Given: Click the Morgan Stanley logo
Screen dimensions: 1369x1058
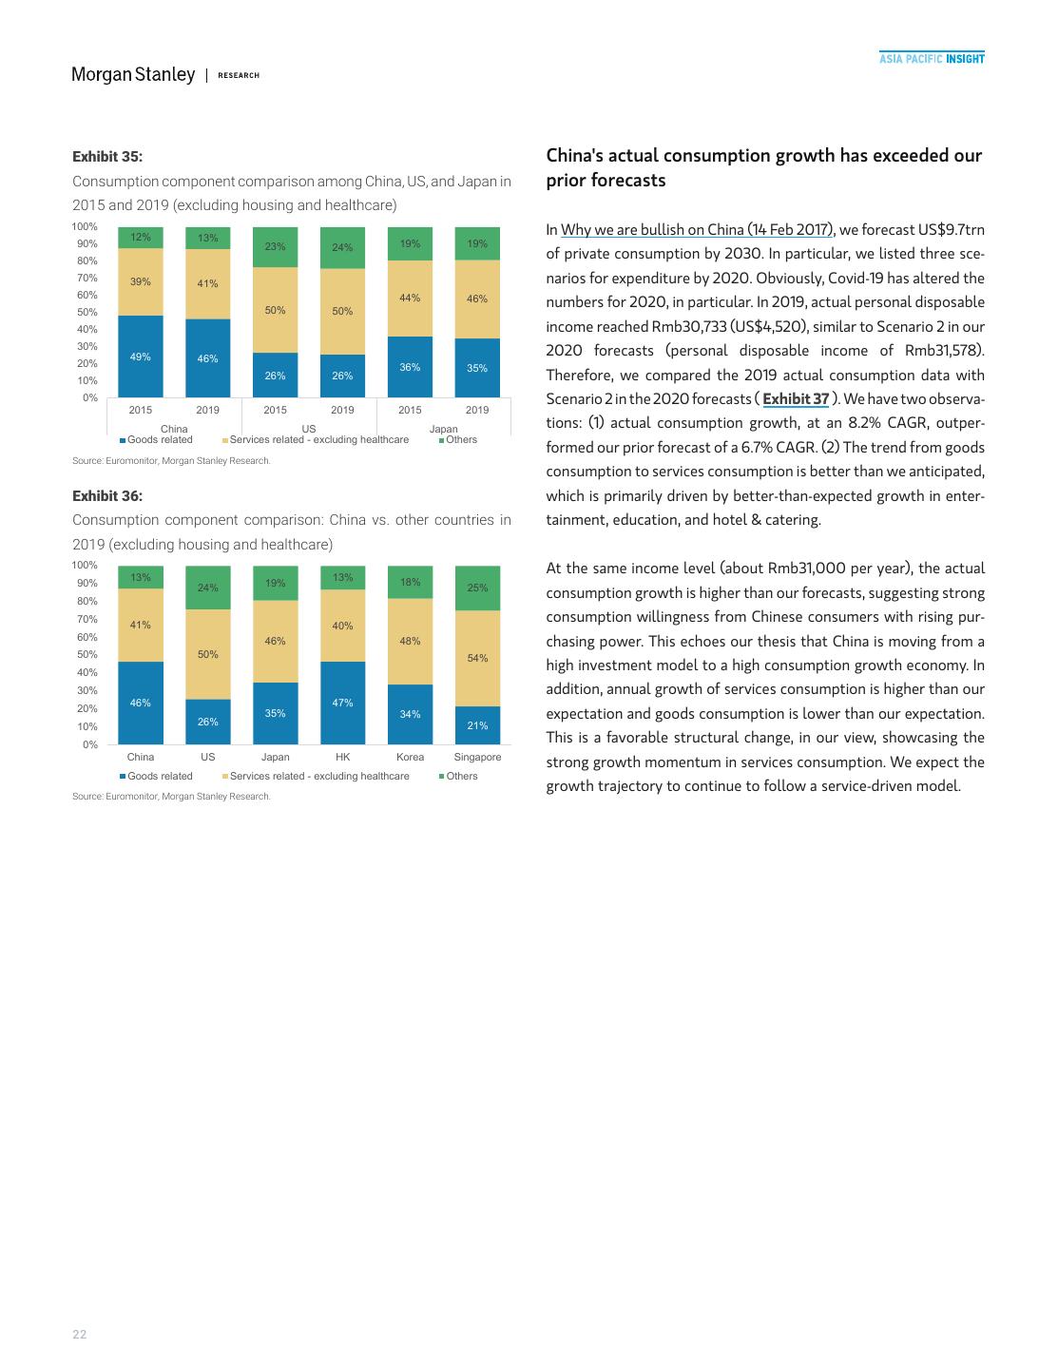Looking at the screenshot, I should pos(133,74).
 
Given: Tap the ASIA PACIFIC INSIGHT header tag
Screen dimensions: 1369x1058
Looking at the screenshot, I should pos(932,59).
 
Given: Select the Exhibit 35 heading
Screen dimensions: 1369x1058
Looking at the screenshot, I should pos(107,157).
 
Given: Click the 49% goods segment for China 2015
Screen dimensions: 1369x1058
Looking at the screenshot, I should pos(141,357).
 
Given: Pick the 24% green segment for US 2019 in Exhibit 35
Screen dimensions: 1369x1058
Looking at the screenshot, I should pos(342,248).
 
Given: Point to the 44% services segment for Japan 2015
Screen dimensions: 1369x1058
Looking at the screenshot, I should pos(410,299).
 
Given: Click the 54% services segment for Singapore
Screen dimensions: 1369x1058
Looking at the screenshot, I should pos(477,658).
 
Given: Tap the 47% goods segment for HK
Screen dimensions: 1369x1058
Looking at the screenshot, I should pos(342,703).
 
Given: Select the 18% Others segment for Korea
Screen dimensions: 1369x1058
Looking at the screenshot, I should pos(410,582).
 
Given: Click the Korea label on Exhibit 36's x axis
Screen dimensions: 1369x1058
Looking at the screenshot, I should pos(410,757).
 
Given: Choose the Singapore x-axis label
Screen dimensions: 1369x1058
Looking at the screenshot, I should pos(477,757).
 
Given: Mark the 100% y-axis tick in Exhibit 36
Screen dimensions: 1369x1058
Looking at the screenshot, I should pos(85,565).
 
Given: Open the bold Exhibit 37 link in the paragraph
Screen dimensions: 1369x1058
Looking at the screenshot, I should pos(796,399).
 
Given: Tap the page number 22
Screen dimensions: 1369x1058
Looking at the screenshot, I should pos(80,1335).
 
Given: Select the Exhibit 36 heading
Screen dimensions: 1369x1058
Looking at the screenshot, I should pos(107,496).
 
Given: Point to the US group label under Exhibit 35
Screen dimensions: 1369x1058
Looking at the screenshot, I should pos(309,429).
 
